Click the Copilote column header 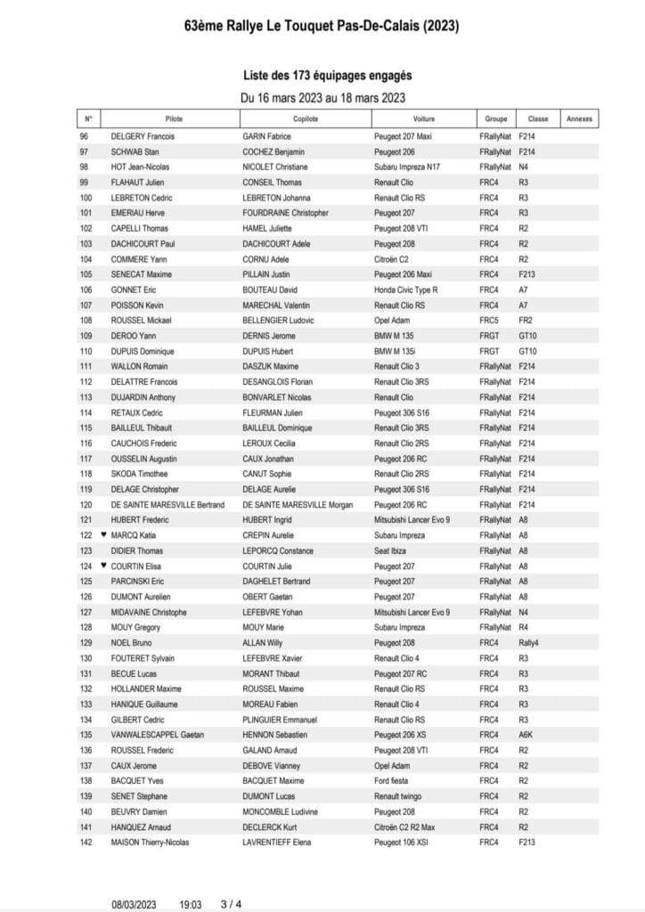(305, 118)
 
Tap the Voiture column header (424, 118)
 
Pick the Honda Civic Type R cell (405, 289)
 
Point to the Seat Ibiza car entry (392, 550)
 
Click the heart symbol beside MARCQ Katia (103, 535)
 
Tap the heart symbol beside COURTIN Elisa (103, 566)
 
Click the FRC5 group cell (487, 320)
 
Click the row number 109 (86, 336)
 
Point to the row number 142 (86, 842)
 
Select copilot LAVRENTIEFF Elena (277, 842)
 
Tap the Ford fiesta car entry (393, 780)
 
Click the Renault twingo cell (398, 796)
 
